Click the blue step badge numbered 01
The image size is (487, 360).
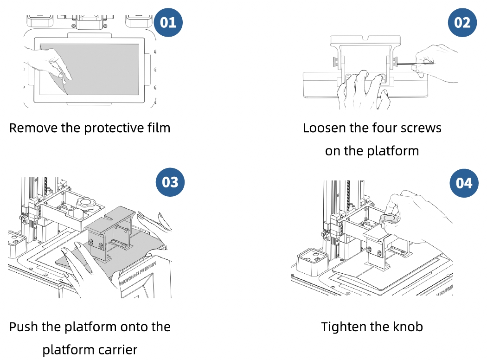point(168,22)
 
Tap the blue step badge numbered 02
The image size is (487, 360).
point(462,22)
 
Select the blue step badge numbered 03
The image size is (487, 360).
point(170,182)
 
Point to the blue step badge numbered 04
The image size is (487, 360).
point(464,183)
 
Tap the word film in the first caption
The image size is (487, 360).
point(157,128)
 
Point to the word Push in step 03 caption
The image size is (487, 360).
point(23,327)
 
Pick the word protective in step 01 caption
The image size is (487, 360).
point(109,128)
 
